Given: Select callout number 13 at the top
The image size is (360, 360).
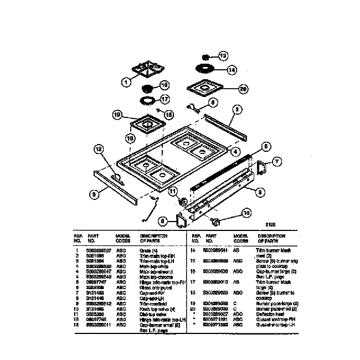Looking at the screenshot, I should [223, 56].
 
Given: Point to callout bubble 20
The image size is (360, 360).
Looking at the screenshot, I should [242, 89].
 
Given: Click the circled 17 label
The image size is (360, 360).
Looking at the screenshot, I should [164, 100].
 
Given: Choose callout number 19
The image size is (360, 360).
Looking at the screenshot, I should [117, 115].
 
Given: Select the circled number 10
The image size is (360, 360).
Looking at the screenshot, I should [246, 212].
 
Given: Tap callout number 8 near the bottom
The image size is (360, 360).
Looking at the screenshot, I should [163, 221].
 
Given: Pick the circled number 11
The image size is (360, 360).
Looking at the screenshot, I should [173, 192].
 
